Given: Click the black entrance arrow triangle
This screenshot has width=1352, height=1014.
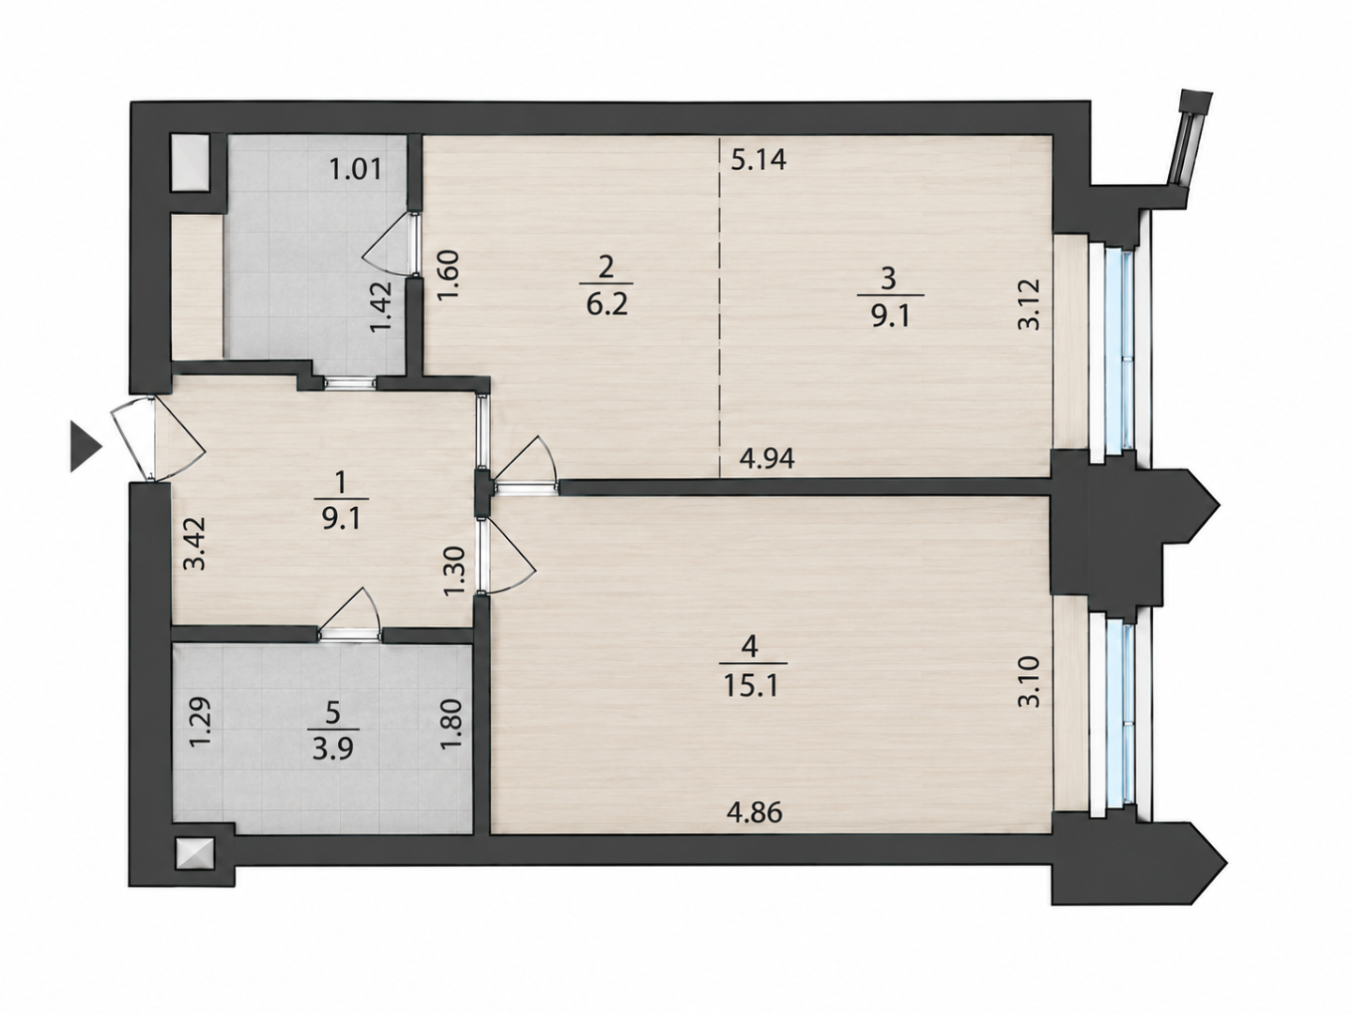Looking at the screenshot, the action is point(85,447).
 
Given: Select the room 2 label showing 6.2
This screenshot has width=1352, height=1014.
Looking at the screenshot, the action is point(607,285).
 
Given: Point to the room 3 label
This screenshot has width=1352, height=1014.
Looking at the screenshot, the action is point(887,299).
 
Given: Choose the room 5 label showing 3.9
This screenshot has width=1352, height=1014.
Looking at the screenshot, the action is point(332,730).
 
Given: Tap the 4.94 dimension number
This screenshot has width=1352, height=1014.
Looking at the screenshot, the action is point(767,458).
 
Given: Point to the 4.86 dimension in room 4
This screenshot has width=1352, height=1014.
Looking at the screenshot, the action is point(755,813).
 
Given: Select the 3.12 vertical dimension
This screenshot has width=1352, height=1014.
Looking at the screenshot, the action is point(1029,305).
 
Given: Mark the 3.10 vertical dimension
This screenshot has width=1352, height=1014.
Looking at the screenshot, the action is point(1029,682).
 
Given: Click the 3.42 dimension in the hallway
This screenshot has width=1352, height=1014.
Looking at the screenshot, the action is point(196,545).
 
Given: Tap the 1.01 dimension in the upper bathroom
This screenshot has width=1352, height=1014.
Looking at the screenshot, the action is point(356,169).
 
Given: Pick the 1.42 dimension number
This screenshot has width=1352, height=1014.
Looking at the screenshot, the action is point(380,307).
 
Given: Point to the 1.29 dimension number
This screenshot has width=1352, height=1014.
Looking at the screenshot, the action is point(201,723).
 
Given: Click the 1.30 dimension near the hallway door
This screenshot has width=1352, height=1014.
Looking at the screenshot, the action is point(454,573).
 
